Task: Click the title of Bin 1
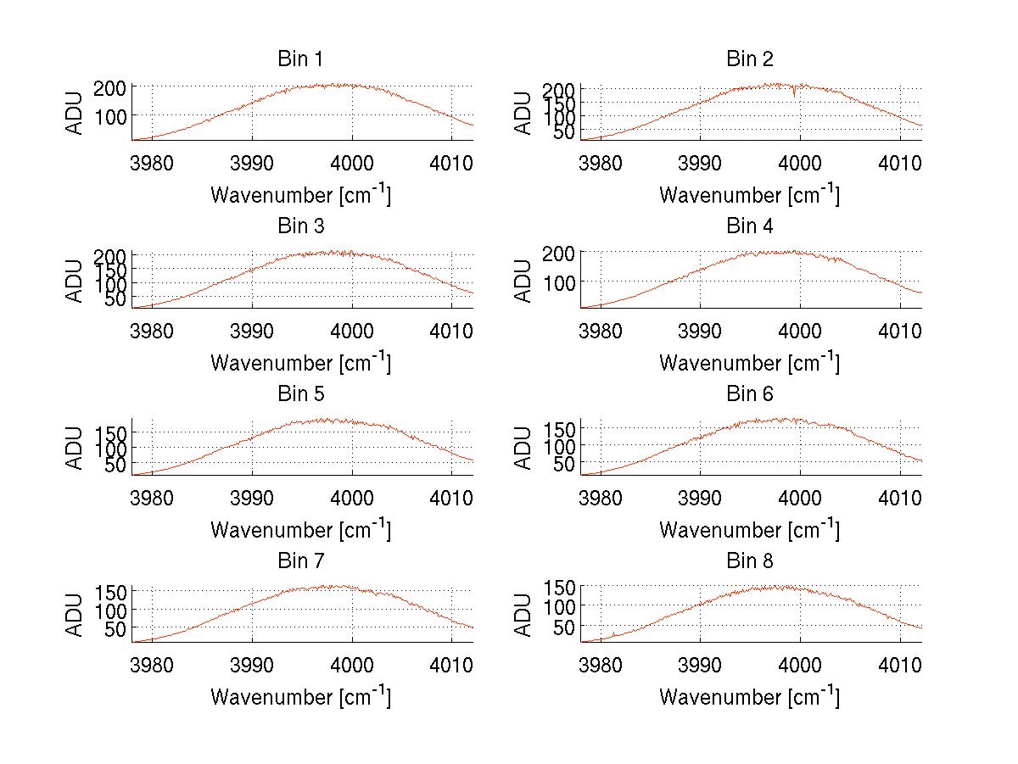click(x=300, y=59)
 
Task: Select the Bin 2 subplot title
click(x=750, y=59)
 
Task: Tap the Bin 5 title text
click(x=300, y=394)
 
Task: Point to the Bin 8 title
click(x=750, y=561)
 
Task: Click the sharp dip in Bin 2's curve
click(x=794, y=94)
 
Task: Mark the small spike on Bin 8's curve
click(x=613, y=633)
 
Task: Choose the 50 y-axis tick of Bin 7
click(x=118, y=629)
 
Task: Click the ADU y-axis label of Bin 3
click(x=76, y=281)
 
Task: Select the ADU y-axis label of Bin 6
click(x=524, y=448)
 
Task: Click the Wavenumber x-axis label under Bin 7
click(x=300, y=696)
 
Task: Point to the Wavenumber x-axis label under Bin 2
click(x=750, y=194)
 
